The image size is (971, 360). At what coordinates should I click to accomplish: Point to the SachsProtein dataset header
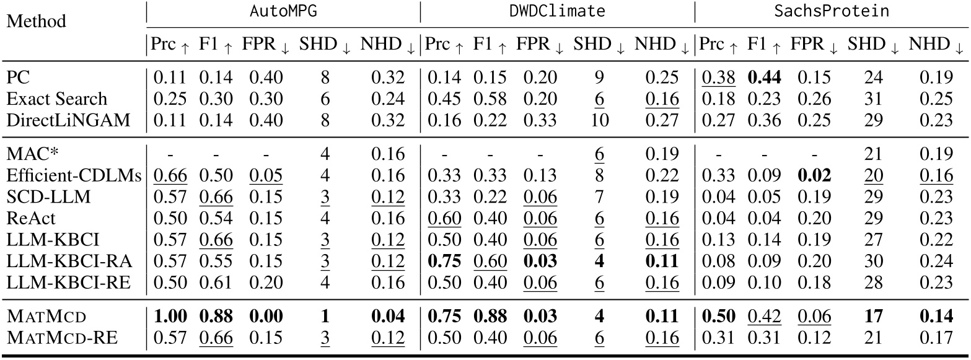click(x=830, y=12)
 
